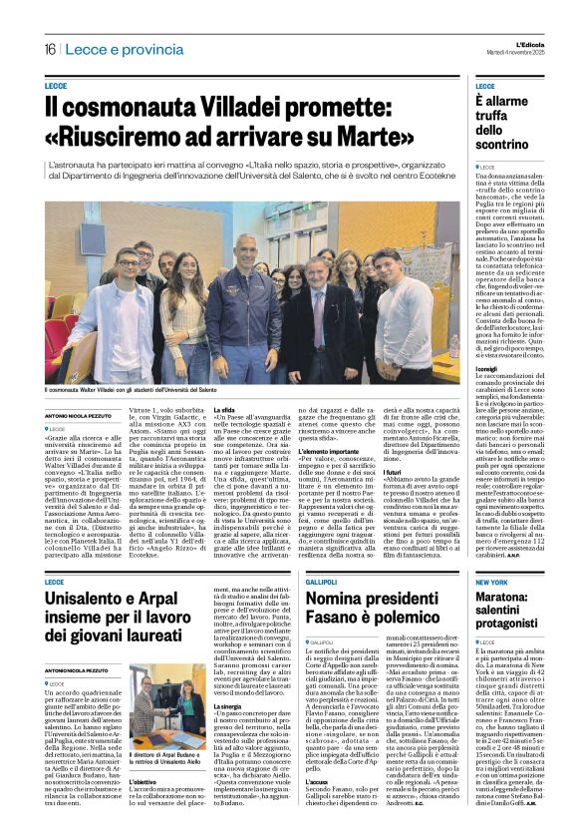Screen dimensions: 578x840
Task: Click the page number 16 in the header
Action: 50,50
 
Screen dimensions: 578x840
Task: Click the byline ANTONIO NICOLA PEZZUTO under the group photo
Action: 83,415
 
